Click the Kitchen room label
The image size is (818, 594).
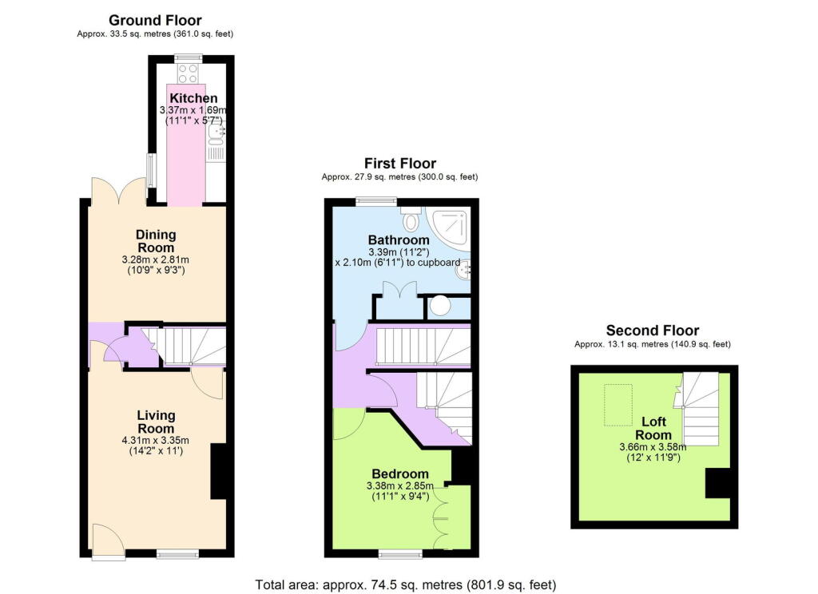pos(188,98)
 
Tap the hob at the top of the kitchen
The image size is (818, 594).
pos(189,74)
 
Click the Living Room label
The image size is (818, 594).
pos(156,422)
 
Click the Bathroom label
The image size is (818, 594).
pos(399,240)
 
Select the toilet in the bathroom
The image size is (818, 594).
pos(412,219)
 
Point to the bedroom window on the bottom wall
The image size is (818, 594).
pos(401,553)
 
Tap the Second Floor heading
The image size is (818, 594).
pos(652,331)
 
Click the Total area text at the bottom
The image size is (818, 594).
pos(405,584)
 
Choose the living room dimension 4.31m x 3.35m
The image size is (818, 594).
pos(156,440)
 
